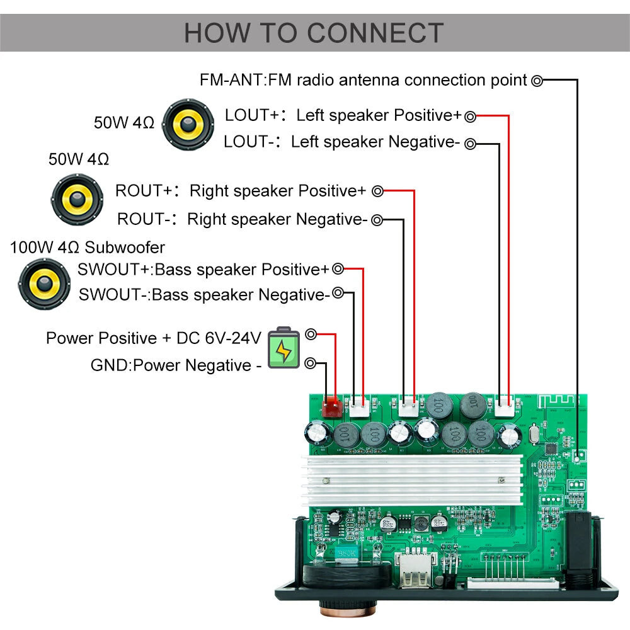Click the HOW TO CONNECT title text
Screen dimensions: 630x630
(314, 33)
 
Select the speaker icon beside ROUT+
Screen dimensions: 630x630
(76, 200)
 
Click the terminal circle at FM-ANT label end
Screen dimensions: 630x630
(537, 80)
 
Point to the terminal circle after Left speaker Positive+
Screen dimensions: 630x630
(471, 116)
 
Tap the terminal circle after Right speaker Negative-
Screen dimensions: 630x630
(377, 220)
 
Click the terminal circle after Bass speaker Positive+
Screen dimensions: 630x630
(338, 269)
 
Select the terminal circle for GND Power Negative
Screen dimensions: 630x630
(310, 363)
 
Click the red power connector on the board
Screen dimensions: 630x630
(330, 408)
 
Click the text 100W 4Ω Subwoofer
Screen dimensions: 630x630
(88, 247)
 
